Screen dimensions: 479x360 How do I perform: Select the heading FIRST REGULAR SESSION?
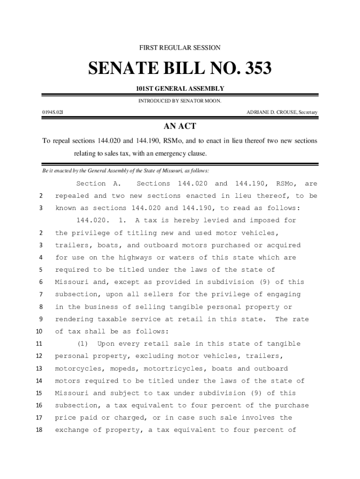tap(180, 48)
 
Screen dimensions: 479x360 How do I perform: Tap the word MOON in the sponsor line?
tap(211, 101)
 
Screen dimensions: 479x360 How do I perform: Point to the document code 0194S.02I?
tap(52, 112)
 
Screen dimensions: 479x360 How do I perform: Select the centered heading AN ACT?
tap(180, 126)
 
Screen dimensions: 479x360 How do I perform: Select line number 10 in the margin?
tap(39, 332)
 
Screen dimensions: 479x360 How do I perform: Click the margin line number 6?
tap(41, 282)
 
